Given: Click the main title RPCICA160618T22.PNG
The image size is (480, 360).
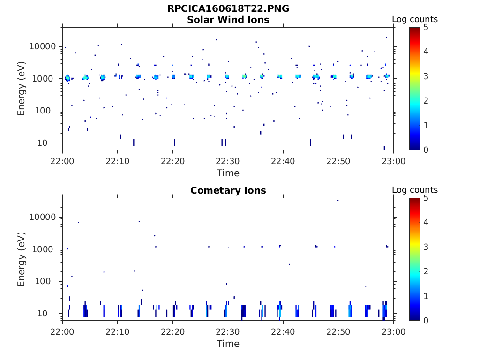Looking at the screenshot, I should (x=228, y=9).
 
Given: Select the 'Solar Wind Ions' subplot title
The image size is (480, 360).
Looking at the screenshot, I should (x=228, y=20).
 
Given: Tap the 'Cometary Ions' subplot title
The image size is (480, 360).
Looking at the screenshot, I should (x=228, y=191).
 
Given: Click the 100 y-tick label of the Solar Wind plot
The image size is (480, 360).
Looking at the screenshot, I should (x=49, y=111).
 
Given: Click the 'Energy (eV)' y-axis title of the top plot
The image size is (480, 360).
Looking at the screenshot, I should (x=22, y=89).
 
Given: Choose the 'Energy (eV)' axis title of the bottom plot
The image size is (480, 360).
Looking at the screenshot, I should (x=22, y=259).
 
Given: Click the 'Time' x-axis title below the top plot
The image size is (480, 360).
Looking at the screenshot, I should (x=228, y=173).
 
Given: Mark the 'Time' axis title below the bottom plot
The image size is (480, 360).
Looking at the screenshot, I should (x=228, y=344).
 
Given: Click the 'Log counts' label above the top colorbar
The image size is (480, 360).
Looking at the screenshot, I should (x=415, y=20).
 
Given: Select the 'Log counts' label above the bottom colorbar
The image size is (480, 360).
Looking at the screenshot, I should (x=415, y=190).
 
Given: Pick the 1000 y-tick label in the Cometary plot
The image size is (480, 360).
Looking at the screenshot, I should (x=46, y=249).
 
